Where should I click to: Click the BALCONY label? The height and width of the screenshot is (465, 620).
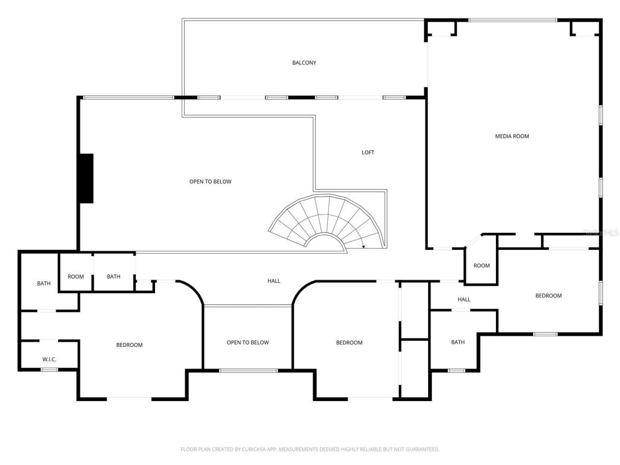[304, 62]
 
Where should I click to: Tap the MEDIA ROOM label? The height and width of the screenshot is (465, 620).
[512, 136]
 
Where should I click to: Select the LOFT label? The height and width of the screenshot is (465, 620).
[368, 152]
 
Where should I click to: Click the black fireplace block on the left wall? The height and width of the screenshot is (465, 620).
[86, 178]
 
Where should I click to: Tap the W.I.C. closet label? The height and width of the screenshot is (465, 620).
[49, 359]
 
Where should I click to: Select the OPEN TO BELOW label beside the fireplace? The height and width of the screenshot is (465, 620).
[210, 182]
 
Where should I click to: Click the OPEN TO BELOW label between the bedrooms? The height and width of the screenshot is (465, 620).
[248, 342]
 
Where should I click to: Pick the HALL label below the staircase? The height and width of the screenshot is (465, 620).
[274, 281]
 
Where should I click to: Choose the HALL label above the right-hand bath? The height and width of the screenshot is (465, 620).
[464, 299]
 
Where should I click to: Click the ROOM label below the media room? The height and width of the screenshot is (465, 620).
[481, 265]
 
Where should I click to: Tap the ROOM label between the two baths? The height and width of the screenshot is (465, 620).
[76, 277]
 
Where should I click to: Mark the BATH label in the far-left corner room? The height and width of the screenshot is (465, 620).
[44, 283]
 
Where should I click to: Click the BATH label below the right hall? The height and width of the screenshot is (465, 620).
[458, 342]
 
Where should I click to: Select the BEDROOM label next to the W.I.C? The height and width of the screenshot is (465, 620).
[129, 345]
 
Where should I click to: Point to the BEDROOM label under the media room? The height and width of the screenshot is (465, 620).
[548, 295]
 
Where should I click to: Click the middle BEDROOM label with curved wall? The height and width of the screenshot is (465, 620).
[349, 342]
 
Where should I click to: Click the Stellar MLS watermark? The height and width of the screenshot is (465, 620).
[601, 232]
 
